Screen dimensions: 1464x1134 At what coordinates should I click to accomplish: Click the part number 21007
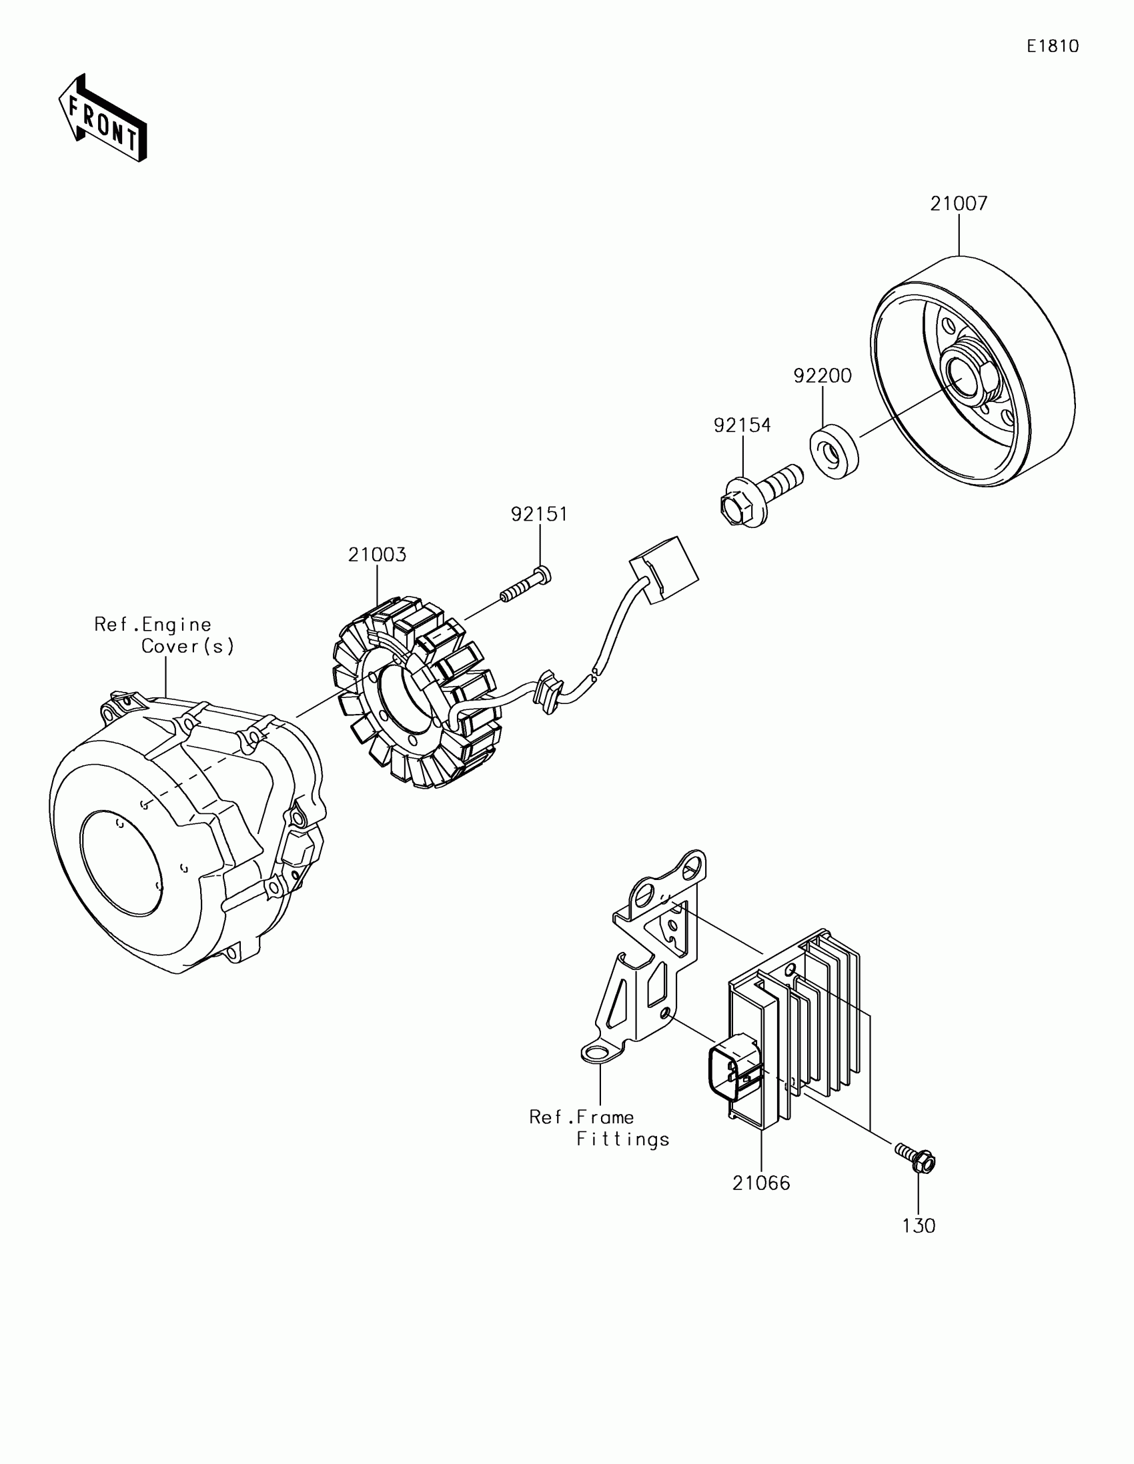coord(959,204)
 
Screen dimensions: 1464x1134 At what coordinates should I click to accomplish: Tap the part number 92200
coord(822,376)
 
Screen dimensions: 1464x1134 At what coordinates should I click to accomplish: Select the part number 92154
coord(742,425)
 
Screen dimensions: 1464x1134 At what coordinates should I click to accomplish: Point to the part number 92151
coord(539,514)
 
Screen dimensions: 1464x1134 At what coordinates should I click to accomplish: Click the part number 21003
coord(377,555)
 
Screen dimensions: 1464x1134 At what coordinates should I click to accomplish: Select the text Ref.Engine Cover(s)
coord(164,635)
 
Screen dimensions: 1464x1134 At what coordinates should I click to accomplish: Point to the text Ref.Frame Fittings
coord(599,1127)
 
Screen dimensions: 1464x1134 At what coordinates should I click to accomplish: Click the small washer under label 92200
coord(834,453)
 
